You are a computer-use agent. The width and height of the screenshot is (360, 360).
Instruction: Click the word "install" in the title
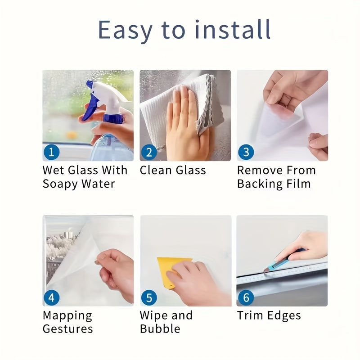pyautogui.click(x=229, y=30)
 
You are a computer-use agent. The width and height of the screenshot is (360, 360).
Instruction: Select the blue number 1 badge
pyautogui.click(x=51, y=152)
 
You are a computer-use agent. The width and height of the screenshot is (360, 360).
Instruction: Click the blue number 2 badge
pyautogui.click(x=149, y=152)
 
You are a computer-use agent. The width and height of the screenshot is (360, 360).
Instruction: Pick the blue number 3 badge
pyautogui.click(x=246, y=152)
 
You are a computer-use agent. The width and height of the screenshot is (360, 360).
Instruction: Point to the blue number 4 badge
pyautogui.click(x=51, y=297)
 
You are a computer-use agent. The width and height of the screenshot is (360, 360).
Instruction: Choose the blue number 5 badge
pyautogui.click(x=149, y=297)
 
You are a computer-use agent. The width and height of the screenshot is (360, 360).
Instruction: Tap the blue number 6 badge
pyautogui.click(x=246, y=297)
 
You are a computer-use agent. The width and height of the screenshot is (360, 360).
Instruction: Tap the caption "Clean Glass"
pyautogui.click(x=173, y=171)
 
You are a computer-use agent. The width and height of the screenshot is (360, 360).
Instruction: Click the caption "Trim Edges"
pyautogui.click(x=269, y=315)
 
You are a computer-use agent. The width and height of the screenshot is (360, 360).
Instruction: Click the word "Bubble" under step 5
pyautogui.click(x=160, y=329)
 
